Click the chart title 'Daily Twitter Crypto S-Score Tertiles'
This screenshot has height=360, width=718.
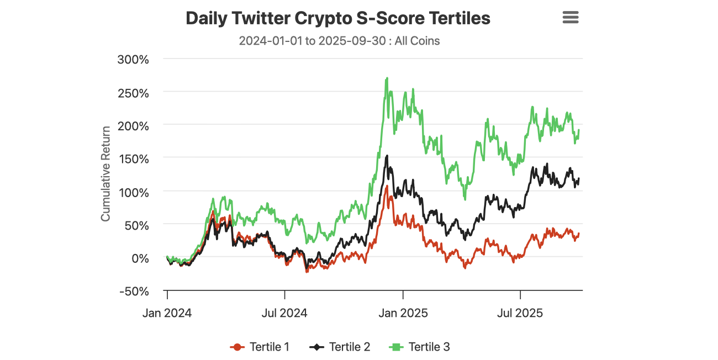337,18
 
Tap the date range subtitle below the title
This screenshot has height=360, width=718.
339,41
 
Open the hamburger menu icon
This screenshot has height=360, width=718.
570,18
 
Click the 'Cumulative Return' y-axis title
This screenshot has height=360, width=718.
105,174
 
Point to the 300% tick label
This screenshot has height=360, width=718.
133,60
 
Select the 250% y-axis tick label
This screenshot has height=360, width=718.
133,93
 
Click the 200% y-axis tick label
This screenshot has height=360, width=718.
133,126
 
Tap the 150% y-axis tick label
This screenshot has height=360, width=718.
133,159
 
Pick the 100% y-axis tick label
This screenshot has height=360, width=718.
133,192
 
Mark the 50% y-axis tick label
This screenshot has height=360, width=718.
136,225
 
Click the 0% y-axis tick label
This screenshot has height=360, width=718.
139,258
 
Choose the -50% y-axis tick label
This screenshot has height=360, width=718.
134,291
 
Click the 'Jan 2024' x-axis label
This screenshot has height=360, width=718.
167,313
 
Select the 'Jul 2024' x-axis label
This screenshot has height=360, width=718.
284,313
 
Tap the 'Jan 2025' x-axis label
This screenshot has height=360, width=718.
403,313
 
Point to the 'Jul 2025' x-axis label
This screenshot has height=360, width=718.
520,313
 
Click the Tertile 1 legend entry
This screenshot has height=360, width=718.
260,347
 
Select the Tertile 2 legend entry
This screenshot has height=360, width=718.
340,347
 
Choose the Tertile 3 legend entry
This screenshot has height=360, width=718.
420,347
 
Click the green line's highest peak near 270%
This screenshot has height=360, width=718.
387,78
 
